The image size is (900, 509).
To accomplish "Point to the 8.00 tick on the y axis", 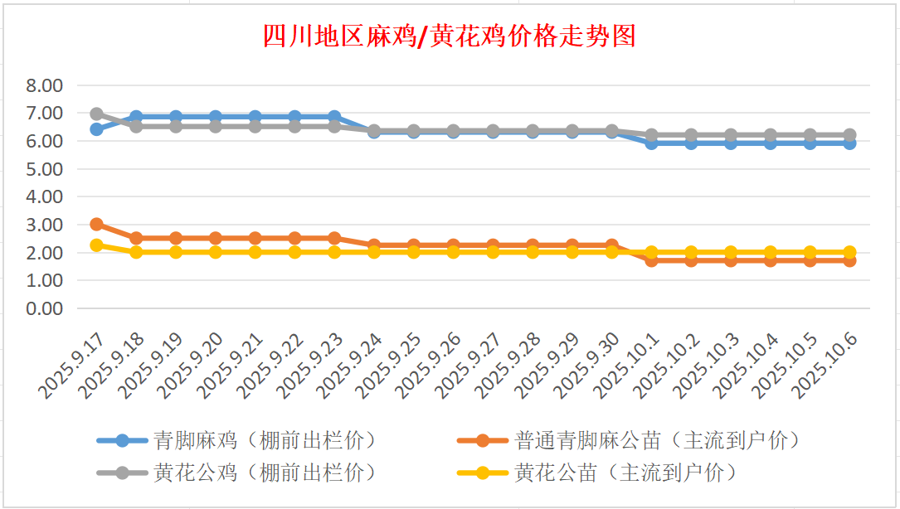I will (45, 85).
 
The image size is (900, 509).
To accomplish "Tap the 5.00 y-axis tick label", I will (45, 169).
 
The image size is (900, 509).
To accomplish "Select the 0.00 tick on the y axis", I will (45, 308).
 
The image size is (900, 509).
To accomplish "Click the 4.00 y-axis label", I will (45, 197).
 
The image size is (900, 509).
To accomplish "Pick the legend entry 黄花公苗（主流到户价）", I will (625, 473).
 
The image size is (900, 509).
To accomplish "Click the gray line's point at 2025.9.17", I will (96, 114).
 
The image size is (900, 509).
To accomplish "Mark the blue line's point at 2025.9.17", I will (96, 129).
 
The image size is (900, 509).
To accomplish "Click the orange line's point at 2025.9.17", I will (96, 225).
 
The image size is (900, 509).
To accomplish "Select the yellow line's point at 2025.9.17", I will (96, 245).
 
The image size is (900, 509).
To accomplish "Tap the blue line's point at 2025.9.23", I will (334, 117).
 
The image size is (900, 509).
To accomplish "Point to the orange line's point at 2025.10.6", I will (849, 260).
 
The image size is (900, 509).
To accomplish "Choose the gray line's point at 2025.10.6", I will (849, 135).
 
